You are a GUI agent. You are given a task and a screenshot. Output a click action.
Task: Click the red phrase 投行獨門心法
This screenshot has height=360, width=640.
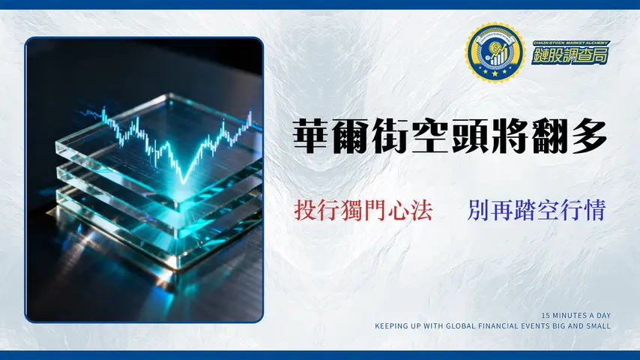[x=364, y=209]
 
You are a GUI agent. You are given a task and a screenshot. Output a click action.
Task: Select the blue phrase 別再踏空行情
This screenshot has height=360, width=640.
[x=535, y=209]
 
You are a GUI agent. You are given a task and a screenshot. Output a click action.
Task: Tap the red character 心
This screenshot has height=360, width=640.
[x=399, y=209]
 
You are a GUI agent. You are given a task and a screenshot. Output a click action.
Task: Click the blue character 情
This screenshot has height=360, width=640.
[x=593, y=209]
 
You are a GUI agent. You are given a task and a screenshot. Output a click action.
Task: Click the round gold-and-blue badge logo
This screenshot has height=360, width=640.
[x=495, y=52]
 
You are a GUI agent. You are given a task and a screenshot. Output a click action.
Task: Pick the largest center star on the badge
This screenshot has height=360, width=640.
[x=495, y=74]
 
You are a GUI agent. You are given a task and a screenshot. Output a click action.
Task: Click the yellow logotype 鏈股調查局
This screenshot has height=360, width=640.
[x=570, y=57]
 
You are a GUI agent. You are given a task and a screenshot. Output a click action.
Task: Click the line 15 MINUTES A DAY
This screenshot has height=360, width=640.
[x=575, y=315]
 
